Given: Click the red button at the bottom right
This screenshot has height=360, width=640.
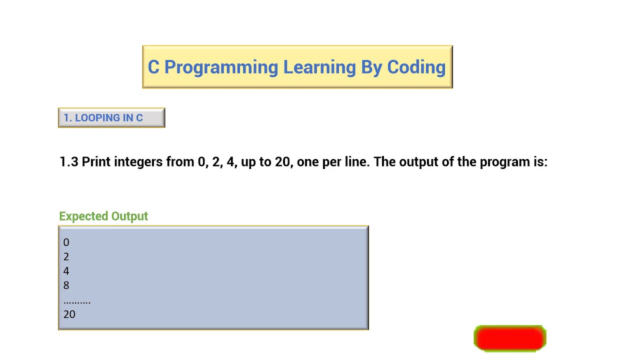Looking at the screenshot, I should (x=509, y=338).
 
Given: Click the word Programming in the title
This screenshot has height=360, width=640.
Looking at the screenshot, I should (x=221, y=67).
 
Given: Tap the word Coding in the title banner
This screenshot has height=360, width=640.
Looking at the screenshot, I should (x=416, y=67).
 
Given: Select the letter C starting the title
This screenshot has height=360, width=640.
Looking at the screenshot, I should (x=153, y=67).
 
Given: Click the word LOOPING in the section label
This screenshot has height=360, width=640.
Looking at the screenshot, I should (x=97, y=118).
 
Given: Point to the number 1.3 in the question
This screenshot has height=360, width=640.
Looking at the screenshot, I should (x=69, y=162).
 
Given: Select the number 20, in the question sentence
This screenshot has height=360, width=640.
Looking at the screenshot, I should (x=283, y=162).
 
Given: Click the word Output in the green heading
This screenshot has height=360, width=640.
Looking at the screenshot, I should (x=129, y=216).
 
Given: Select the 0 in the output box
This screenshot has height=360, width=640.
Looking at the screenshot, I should (x=66, y=242).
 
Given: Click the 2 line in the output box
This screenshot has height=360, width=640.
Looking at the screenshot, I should (x=66, y=257).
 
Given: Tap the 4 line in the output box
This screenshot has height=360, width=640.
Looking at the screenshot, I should (x=66, y=271).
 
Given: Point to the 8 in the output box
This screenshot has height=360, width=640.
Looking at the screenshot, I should (x=66, y=285).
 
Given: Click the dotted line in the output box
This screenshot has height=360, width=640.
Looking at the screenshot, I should (x=77, y=301).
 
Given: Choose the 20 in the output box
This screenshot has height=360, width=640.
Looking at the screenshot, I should (x=69, y=314).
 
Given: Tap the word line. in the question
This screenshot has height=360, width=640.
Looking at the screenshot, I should (x=356, y=162).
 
